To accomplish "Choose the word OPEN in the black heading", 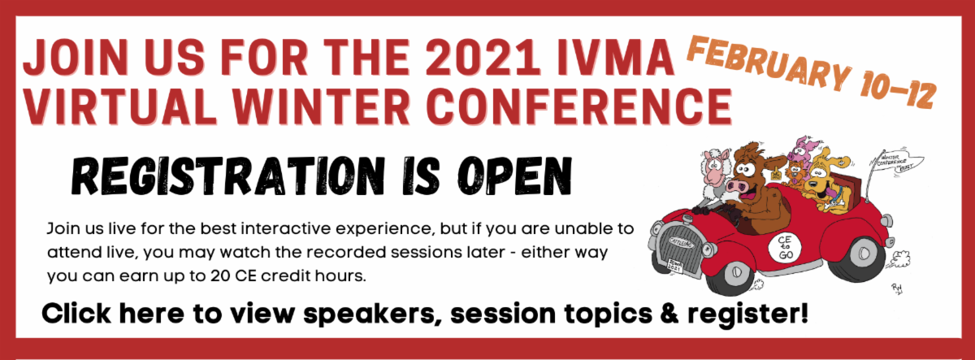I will [x=512, y=174].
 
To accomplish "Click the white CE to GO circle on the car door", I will [x=787, y=247].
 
